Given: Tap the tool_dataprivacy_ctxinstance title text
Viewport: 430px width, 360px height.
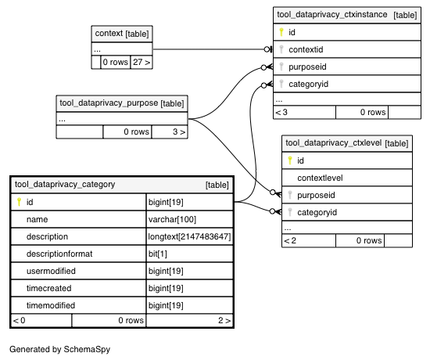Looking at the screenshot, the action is click(332, 15).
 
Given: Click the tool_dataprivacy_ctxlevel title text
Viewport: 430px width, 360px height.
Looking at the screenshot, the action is click(334, 143).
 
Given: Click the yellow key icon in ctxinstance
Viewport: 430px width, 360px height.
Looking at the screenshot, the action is click(281, 32).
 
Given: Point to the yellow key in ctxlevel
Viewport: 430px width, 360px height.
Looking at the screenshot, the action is click(290, 160).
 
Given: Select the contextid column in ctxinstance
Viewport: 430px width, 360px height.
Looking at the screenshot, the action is click(306, 50).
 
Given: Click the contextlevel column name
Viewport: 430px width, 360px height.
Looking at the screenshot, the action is click(320, 178).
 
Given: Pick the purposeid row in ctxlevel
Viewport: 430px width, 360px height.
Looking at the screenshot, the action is click(347, 195).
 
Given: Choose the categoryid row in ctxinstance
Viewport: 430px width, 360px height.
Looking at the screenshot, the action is click(347, 84).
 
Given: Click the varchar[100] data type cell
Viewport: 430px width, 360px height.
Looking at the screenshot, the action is click(172, 219).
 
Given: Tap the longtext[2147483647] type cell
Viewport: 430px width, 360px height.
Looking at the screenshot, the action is click(189, 236).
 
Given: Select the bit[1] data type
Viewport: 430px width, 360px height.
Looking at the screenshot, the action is click(158, 254).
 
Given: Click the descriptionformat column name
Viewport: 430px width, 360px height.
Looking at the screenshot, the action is click(59, 254).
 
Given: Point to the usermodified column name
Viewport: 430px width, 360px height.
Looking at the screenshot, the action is click(51, 271).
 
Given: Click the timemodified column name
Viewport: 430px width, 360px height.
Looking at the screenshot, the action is click(51, 306).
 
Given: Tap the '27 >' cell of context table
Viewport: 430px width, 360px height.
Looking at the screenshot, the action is click(142, 63).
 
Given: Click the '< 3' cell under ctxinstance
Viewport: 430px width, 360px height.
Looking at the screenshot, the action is click(305, 113).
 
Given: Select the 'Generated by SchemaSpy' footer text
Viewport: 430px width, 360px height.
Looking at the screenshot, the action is click(59, 349).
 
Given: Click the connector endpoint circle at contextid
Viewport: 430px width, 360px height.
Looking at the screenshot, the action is click(267, 49).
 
